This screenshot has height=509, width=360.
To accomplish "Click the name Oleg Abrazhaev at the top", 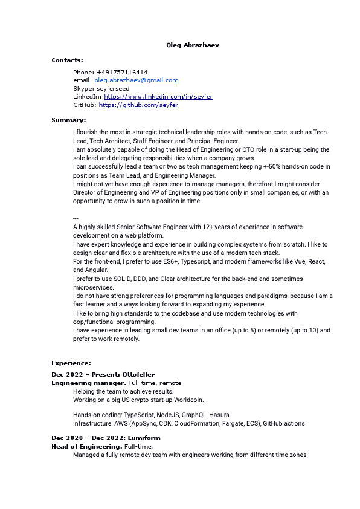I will coord(188,45).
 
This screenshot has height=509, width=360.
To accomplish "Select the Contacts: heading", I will coord(67,60).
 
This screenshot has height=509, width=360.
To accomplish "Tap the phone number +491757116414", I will coord(122,72).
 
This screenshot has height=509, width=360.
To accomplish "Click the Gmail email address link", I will coord(136,80).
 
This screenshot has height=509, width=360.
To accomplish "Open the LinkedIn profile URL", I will coord(158,97).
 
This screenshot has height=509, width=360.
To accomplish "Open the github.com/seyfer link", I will coord(138,105).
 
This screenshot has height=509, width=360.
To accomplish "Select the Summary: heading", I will coord(69,120).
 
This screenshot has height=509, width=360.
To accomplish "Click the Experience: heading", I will coord(71,363).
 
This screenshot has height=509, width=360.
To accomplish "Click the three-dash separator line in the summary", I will coord(76,218).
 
